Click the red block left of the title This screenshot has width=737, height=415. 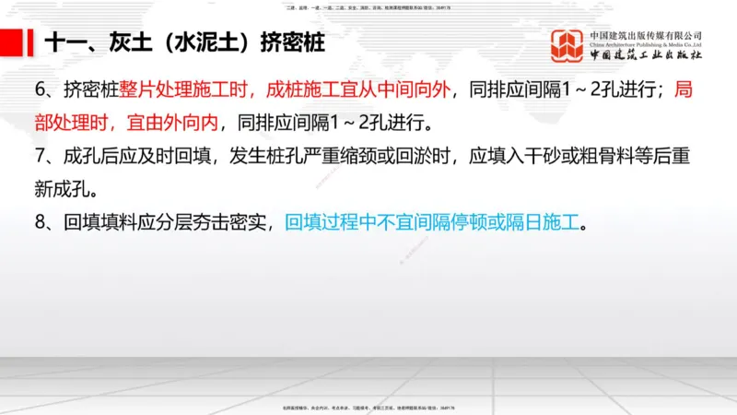(x=12, y=42)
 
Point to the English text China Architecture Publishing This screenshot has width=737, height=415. (x=645, y=44)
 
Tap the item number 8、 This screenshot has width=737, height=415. (x=44, y=223)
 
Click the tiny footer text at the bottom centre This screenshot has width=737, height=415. (x=368, y=407)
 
